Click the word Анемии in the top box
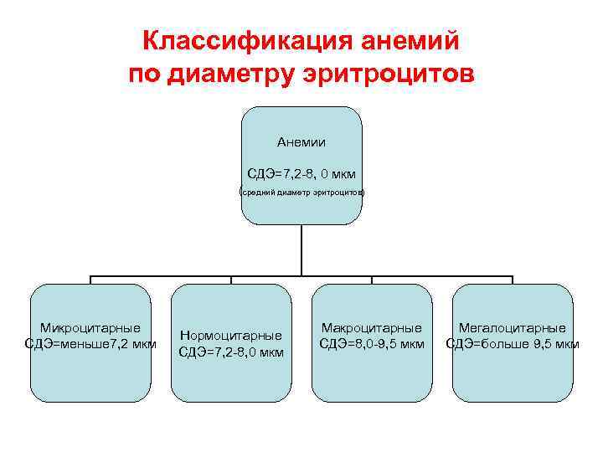[x=301, y=142]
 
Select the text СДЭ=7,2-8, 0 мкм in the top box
[x=301, y=174]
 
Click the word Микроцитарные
[x=90, y=327]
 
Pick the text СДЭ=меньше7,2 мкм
[x=90, y=343]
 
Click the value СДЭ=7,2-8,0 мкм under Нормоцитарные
[x=231, y=352]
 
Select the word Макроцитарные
[x=372, y=327]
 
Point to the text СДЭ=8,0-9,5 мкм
[x=372, y=343]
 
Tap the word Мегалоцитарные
[x=512, y=327]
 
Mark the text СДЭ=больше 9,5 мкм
[x=512, y=343]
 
